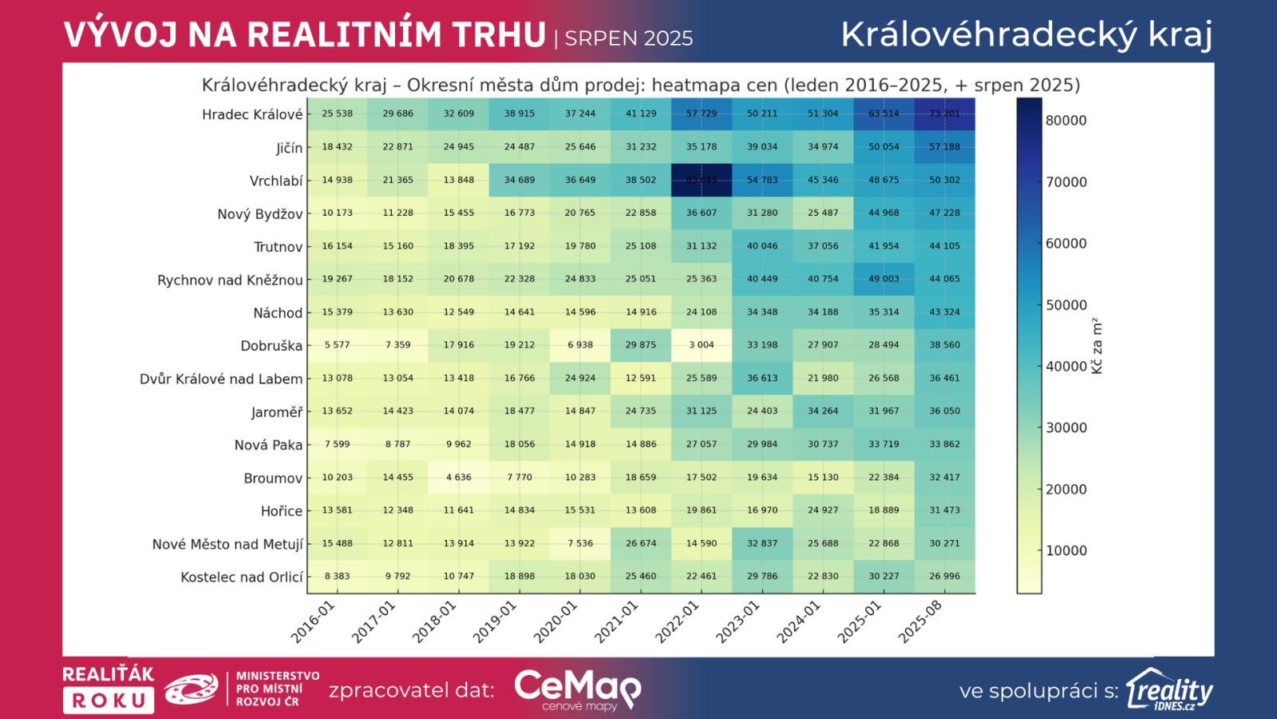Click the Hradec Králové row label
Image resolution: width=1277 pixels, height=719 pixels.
[252, 114]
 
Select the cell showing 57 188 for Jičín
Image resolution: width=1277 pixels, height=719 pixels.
[944, 147]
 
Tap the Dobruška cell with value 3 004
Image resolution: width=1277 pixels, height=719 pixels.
[702, 345]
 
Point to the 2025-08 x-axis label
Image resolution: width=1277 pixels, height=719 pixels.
[920, 622]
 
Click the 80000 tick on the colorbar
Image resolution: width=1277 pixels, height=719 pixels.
[1065, 121]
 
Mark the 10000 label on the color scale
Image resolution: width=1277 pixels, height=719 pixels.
[1065, 550]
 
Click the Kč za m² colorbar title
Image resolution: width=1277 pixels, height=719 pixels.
[1097, 346]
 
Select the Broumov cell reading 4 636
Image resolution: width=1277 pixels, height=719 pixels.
[459, 478]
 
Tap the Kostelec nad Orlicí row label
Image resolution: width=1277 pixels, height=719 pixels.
[242, 577]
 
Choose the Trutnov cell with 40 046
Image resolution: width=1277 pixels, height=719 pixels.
[762, 246]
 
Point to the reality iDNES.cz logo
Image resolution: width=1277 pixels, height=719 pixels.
[1169, 689]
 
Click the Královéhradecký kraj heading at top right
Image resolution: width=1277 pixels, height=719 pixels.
[1026, 34]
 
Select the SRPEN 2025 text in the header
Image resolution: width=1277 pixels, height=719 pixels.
[629, 38]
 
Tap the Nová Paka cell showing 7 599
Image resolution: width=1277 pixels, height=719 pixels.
[337, 444]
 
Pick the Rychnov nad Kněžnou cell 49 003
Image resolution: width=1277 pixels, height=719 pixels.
[884, 279]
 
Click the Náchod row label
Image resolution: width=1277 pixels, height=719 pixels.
[278, 313]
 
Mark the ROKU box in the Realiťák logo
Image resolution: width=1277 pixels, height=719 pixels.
[109, 701]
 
